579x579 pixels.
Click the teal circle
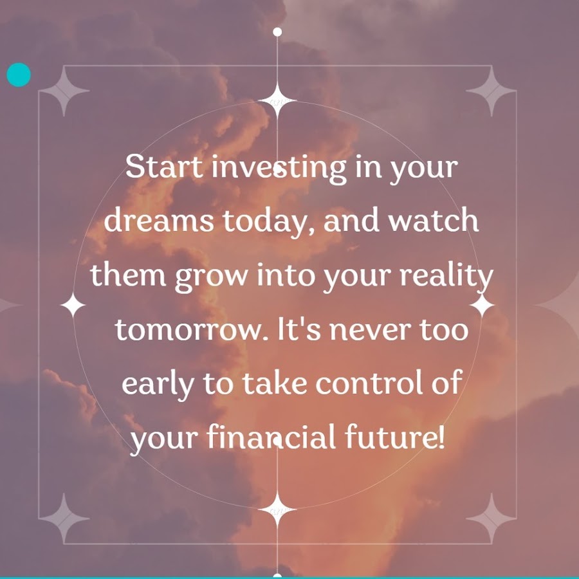19,75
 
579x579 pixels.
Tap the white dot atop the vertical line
277,32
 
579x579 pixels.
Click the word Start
164,167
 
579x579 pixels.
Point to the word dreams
159,220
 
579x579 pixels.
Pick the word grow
210,277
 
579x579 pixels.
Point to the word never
371,331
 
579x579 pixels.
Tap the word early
158,385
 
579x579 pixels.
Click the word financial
271,436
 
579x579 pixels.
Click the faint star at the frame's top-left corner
64,91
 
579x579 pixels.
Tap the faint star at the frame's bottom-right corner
491,519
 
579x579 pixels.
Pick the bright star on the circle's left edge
73,305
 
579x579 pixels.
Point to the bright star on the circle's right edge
482,306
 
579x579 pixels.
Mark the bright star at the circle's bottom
277,510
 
